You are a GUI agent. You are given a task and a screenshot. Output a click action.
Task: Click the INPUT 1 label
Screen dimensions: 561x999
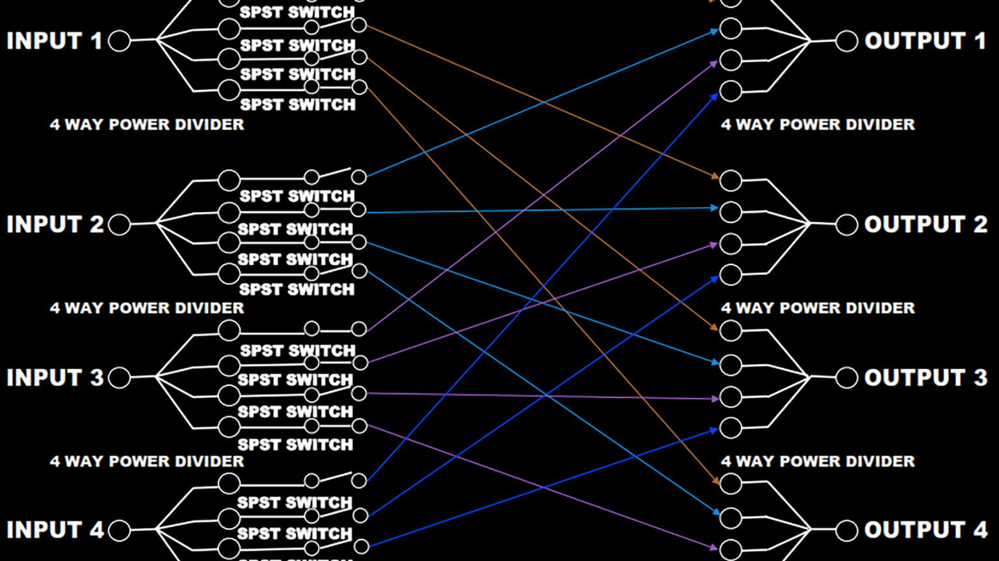pos(55,41)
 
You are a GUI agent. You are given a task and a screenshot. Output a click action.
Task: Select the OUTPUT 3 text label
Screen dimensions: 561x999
pos(926,378)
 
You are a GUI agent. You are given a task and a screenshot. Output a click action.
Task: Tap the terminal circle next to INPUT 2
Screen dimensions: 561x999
pos(119,225)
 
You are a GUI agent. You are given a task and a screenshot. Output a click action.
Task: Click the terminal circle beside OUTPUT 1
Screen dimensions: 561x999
pos(846,41)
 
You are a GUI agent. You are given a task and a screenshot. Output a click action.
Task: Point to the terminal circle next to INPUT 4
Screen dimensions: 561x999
pos(119,530)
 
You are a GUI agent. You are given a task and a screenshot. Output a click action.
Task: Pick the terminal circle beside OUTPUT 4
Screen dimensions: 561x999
pos(846,530)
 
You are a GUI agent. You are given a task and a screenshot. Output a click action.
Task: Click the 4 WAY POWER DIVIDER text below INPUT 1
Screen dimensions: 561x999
pos(147,125)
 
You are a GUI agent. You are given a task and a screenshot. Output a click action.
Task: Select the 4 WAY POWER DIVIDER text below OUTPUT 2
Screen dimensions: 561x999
pos(818,308)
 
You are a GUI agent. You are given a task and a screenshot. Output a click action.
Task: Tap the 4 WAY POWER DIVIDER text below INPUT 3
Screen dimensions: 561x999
pos(147,462)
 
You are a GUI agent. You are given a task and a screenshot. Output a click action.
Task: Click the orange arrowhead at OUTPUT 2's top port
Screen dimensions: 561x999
pos(715,176)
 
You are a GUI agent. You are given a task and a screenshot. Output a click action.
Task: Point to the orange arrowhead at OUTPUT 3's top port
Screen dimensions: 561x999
pos(715,328)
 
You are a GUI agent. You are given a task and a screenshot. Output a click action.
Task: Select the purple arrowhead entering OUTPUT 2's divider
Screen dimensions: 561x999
pos(713,245)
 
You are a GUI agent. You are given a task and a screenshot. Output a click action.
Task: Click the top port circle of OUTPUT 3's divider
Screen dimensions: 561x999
pos(730,331)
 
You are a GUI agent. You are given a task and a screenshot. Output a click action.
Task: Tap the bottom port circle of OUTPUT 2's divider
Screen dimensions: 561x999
pos(730,275)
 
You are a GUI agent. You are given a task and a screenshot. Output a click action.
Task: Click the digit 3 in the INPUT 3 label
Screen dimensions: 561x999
pos(96,378)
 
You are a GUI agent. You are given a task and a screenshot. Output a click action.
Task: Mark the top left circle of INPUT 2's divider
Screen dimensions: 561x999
pos(229,180)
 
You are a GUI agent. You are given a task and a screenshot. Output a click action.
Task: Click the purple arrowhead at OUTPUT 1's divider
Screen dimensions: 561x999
pos(713,62)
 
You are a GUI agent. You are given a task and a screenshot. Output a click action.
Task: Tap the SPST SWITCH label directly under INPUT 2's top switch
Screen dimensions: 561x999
pos(297,196)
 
